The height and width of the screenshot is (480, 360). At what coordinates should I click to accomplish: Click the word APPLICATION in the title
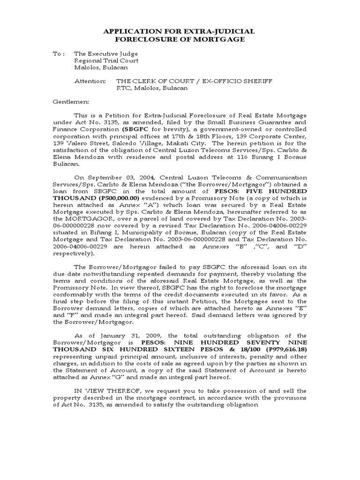click(132, 31)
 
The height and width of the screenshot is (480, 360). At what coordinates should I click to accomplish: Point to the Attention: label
click(90, 81)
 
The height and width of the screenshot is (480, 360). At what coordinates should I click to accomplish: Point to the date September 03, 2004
click(113, 178)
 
